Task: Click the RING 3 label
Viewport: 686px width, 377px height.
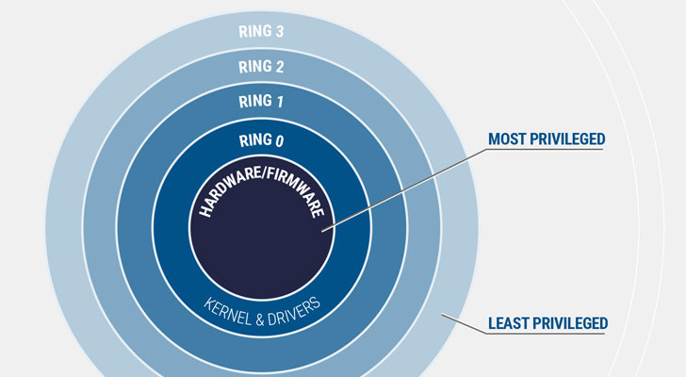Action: (x=261, y=31)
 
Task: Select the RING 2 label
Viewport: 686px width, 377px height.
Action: (x=261, y=67)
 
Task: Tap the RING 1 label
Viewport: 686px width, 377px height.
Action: (x=261, y=101)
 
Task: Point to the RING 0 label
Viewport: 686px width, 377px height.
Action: (x=261, y=140)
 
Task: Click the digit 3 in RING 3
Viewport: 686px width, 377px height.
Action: (x=279, y=31)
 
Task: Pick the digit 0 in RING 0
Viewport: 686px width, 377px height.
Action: (x=279, y=140)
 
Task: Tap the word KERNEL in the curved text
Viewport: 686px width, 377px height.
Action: (x=227, y=312)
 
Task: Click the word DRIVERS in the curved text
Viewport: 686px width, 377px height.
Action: (x=294, y=311)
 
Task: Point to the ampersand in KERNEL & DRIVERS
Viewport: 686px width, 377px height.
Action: (x=260, y=320)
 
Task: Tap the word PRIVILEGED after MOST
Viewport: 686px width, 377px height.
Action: (x=567, y=139)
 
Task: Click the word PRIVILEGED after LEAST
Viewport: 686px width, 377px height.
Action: (x=570, y=323)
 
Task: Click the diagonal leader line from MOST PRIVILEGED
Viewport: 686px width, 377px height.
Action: (x=404, y=189)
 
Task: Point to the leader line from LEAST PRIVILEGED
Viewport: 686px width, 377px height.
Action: (x=464, y=323)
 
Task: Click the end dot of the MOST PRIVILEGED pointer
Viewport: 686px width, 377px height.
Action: (x=324, y=230)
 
